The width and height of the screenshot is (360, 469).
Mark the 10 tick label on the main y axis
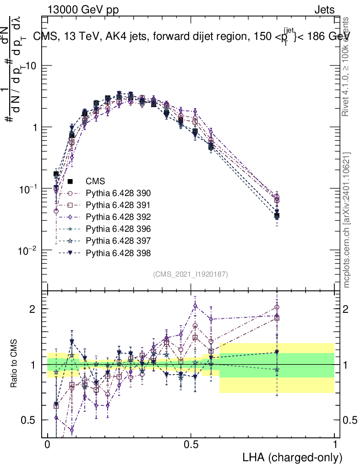click(x=33, y=66)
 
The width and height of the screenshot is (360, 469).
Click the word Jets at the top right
click(x=324, y=10)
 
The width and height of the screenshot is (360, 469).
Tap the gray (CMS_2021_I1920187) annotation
click(x=191, y=274)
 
